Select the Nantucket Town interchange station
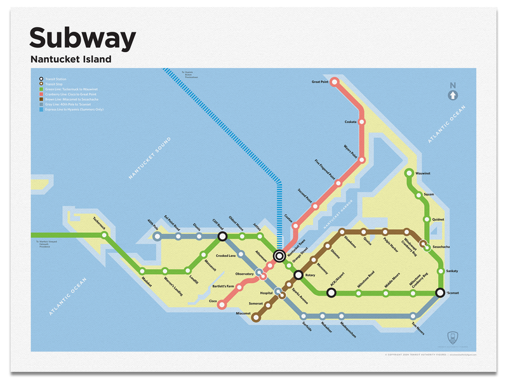(279, 256)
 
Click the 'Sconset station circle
(439, 293)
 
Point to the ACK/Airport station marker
(331, 293)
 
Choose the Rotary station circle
(298, 275)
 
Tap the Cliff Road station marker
(222, 237)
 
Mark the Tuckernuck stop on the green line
(104, 235)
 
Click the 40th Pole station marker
(157, 237)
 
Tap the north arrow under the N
(452, 95)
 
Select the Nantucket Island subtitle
(70, 60)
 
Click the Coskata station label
(350, 121)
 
